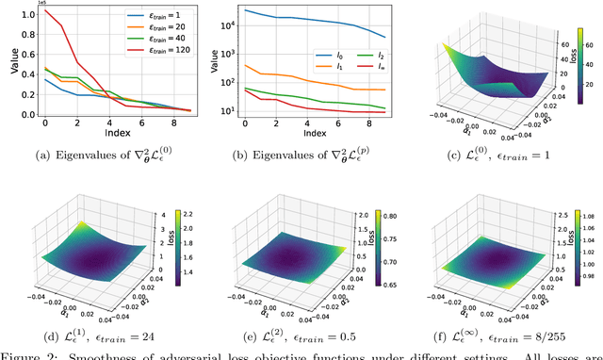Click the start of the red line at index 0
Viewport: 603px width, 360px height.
(44, 10)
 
